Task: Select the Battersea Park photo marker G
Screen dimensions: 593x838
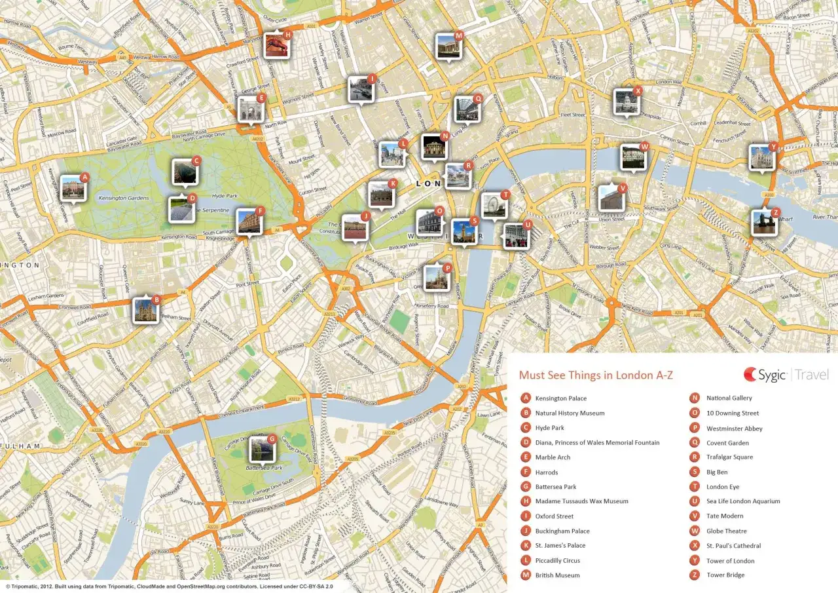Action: [261, 449]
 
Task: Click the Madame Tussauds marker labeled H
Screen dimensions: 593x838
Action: [277, 45]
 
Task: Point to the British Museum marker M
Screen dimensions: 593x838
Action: [448, 47]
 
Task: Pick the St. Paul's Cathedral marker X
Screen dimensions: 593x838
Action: [627, 102]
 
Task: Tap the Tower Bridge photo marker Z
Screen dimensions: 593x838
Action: [764, 223]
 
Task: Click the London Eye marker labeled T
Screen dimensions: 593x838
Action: [494, 206]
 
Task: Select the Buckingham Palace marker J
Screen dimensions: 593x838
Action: [355, 227]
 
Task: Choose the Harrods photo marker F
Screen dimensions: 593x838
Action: [249, 222]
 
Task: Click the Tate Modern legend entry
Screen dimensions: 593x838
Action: [724, 516]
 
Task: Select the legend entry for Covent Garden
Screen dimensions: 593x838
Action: [727, 443]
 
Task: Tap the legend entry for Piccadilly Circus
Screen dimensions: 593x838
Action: [557, 560]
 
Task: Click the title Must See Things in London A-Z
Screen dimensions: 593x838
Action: [595, 375]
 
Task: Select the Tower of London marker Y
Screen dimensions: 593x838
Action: [762, 158]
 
